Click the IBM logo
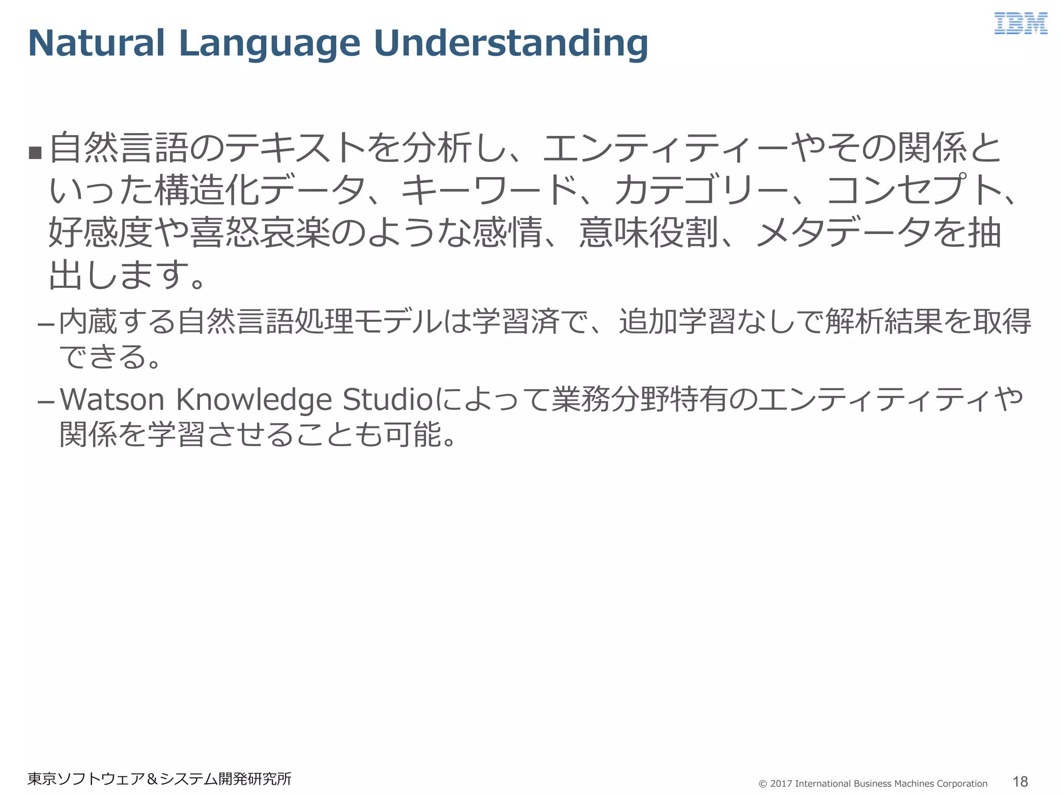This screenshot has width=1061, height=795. pos(1020,24)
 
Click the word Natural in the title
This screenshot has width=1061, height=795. pos(96,43)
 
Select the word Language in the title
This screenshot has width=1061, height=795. pos(269,44)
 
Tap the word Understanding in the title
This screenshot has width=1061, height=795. pos(510,43)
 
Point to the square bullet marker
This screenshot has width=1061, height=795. pos(35,153)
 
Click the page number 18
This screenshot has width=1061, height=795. pos(1020,782)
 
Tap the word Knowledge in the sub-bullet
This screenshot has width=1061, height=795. pos(254,400)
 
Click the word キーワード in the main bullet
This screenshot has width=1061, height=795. pos(490,190)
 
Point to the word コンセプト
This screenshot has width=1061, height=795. pos(914,190)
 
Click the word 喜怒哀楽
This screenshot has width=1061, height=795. pos(260,232)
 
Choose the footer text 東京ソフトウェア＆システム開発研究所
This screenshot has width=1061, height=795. pos(160,779)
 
